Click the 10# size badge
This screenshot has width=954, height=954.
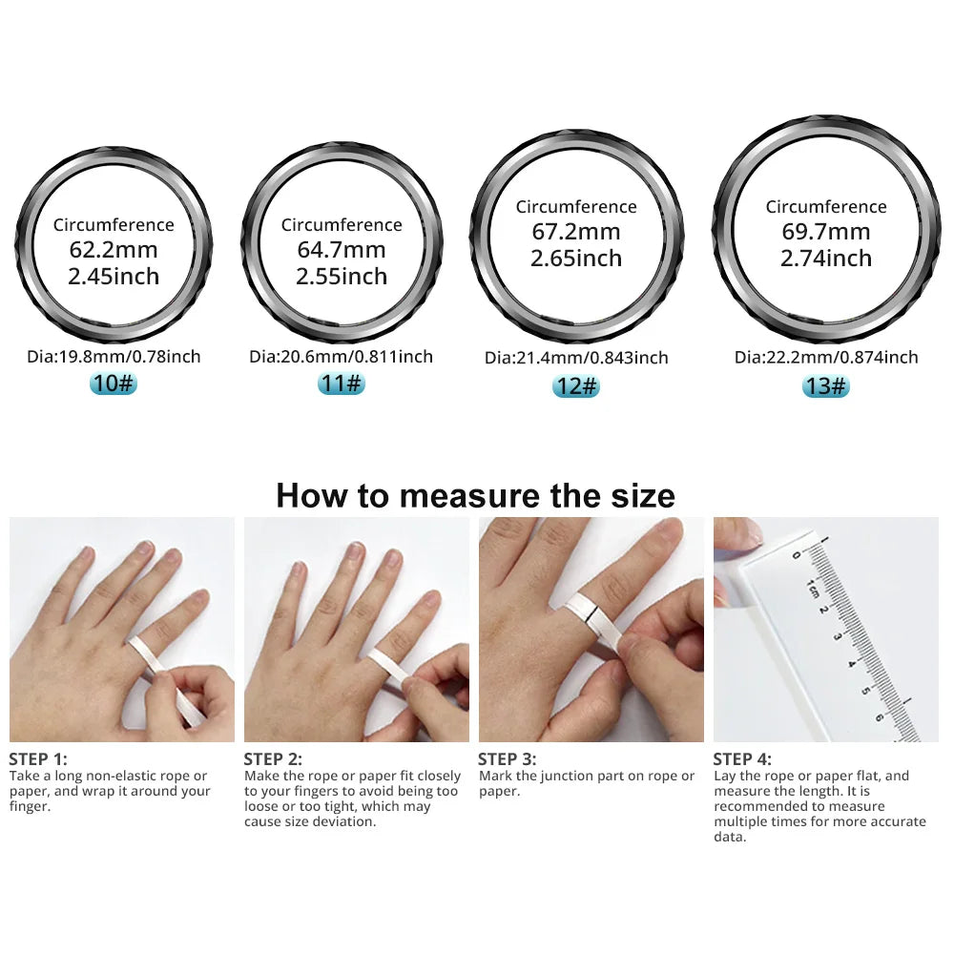113,384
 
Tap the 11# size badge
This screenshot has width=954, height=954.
341,384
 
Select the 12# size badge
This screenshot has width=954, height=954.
575,386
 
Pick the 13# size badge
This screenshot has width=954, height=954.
825,385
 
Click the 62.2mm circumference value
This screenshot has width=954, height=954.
114,251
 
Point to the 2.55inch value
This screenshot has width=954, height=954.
342,277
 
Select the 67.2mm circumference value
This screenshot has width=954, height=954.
576,232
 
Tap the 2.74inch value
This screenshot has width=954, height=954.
826,259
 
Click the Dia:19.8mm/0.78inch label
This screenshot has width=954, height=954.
114,357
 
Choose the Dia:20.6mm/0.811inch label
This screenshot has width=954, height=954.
341,357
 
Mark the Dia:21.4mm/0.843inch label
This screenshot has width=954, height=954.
576,359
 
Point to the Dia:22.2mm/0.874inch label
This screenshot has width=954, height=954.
826,358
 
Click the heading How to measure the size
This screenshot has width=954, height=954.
475,496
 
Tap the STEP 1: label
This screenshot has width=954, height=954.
38,759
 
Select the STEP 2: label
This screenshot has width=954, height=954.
273,759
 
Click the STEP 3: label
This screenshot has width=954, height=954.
508,759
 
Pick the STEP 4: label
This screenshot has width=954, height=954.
742,759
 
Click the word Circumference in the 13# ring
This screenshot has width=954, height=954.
826,207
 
